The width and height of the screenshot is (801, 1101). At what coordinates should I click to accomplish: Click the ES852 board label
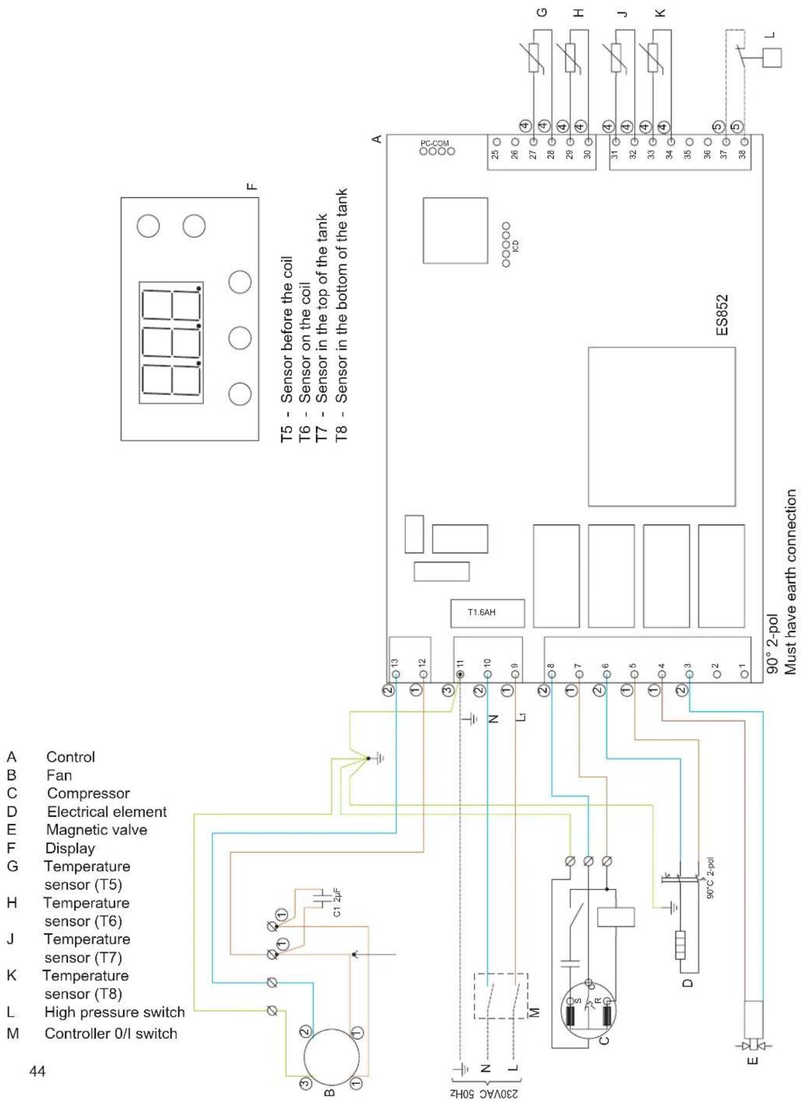(721, 315)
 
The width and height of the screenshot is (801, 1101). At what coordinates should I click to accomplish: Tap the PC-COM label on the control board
(435, 143)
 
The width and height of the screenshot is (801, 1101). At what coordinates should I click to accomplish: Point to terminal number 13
(394, 662)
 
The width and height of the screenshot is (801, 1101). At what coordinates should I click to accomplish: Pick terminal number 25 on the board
(495, 155)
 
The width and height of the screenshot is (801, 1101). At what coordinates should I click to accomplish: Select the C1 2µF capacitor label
(337, 902)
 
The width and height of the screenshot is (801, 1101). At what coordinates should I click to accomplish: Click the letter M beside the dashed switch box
(536, 1012)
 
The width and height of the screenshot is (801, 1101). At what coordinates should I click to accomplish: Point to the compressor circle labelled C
(589, 1012)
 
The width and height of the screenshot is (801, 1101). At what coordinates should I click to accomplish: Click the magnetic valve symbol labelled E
(753, 1046)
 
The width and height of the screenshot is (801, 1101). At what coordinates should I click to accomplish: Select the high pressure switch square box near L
(772, 58)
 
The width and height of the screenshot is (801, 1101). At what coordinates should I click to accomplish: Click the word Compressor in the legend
(88, 793)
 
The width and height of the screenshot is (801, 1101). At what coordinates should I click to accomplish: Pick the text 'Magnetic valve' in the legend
(96, 830)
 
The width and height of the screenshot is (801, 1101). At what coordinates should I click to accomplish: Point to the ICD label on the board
(516, 246)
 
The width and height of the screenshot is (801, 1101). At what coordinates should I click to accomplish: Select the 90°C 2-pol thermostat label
(710, 878)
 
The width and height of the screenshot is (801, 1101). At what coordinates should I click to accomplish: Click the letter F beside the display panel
(251, 187)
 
